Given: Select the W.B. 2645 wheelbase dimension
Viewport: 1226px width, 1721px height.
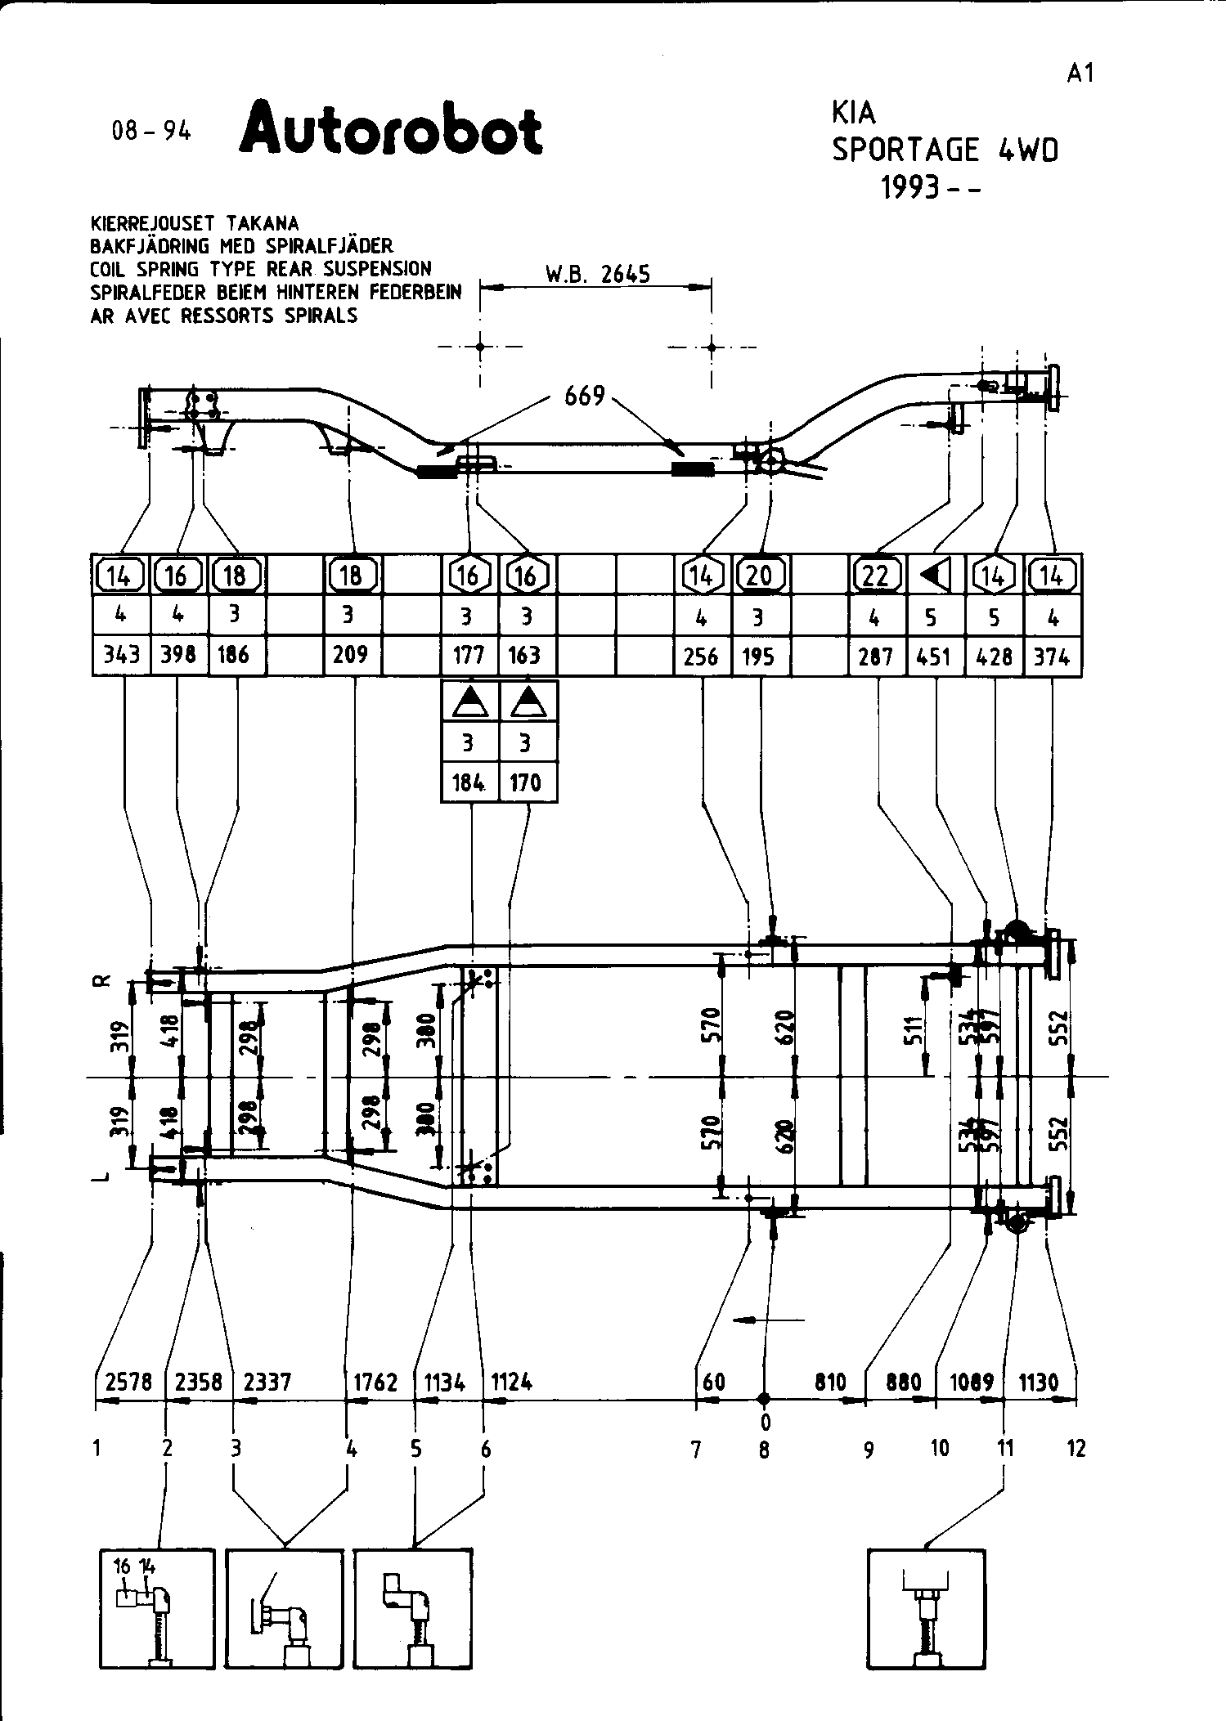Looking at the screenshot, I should (x=597, y=274).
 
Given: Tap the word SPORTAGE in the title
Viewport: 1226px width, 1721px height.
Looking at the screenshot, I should (x=905, y=150).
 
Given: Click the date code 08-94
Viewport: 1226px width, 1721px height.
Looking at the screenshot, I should (x=151, y=131).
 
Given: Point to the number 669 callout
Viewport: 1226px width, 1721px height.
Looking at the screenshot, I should (x=585, y=397).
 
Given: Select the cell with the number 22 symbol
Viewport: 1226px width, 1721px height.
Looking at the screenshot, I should (x=876, y=576).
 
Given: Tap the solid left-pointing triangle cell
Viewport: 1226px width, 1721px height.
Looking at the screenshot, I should (x=935, y=576).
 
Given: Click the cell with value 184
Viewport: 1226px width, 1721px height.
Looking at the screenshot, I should (x=469, y=782).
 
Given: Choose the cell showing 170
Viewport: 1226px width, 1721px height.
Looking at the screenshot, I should (x=526, y=782).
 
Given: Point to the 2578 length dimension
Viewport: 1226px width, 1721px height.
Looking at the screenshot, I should (x=129, y=1382).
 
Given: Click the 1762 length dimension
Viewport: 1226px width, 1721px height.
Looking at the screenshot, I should (x=375, y=1382).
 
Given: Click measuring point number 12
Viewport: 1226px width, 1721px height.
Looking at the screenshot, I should (x=1076, y=1449).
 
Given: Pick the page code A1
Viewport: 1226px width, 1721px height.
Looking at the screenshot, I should (x=1080, y=73).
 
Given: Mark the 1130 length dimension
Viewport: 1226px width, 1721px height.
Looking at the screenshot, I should (x=1039, y=1382).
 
